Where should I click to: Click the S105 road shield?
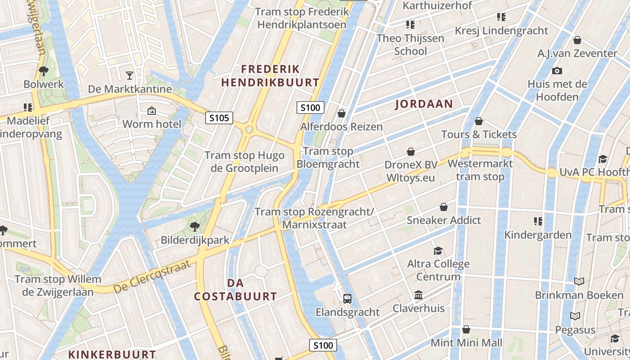coord(219,118)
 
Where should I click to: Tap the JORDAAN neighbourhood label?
coord(424,104)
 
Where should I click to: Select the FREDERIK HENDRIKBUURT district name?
coord(270,76)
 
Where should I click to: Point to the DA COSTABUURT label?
coord(235,289)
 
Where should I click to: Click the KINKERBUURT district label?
coord(112,355)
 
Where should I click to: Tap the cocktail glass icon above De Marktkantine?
coord(130,75)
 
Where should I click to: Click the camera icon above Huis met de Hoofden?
coord(557,71)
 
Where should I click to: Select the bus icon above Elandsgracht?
coord(347,298)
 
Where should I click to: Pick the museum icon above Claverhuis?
coord(418,295)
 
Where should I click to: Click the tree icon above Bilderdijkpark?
coord(195,226)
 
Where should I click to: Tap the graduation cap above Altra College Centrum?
coord(438,251)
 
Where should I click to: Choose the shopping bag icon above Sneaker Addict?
coord(444,207)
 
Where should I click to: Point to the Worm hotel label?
coord(152,124)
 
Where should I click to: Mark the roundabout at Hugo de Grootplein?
coord(249,130)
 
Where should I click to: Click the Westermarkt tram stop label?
coord(480,170)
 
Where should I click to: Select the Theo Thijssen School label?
coord(410,45)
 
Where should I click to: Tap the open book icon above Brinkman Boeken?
coord(579,282)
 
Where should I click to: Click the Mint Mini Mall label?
coord(466,343)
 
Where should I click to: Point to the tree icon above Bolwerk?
coord(44,71)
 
